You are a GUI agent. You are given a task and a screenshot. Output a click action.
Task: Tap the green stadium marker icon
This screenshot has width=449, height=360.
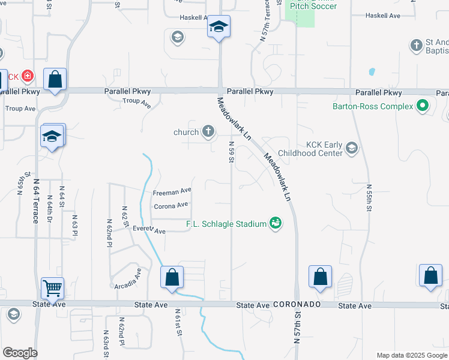[276, 223]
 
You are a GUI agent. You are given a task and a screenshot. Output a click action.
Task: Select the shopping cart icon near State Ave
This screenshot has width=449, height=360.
[52, 288]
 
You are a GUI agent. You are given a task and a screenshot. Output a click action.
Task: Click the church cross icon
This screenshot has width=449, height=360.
[208, 131]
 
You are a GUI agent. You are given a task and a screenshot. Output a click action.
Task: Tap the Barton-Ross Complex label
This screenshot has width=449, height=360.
[372, 106]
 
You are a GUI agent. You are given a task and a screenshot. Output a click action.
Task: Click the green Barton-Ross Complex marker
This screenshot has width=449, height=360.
[423, 106]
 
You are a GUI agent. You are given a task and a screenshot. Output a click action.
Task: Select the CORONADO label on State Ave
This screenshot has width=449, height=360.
[297, 305]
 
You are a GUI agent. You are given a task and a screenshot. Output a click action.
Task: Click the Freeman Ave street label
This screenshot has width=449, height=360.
[172, 193]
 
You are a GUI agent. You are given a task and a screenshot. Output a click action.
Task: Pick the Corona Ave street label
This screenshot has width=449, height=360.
[171, 206]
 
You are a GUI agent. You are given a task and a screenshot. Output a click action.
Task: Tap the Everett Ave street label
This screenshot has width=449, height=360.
[149, 230]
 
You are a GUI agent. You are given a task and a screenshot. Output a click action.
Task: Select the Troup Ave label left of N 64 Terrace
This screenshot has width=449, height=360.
[20, 109]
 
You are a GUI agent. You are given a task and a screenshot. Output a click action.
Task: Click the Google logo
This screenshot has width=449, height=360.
[20, 353]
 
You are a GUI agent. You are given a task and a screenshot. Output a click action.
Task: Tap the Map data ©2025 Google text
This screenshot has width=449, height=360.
[411, 355]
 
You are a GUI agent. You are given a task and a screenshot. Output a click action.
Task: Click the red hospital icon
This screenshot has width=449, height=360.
[27, 76]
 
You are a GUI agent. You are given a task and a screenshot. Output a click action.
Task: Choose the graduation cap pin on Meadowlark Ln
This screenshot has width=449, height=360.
[219, 27]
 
